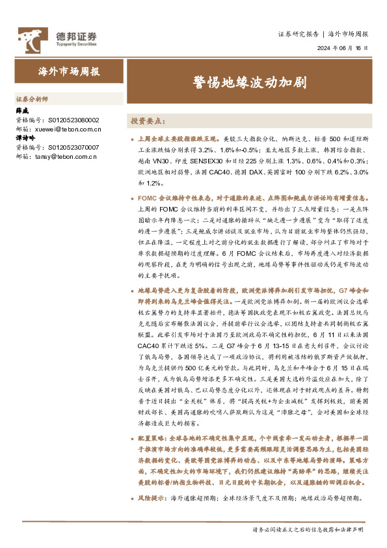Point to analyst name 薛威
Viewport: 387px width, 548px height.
pyautogui.click(x=22, y=111)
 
